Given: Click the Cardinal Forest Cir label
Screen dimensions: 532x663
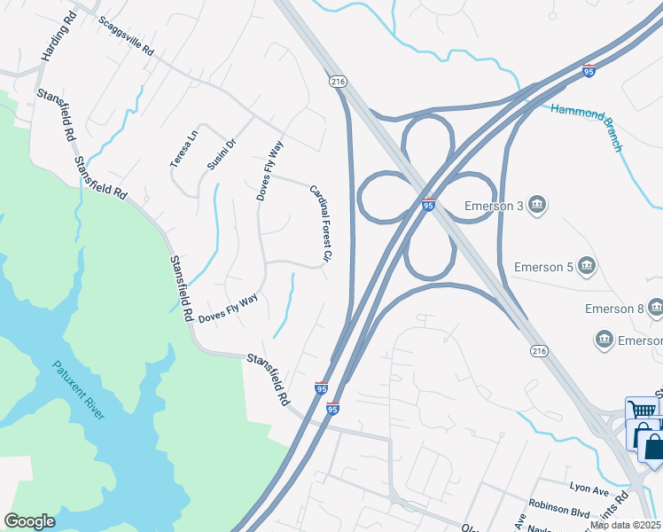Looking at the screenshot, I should point(320,223).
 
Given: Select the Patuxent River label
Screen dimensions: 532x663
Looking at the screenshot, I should point(78,390).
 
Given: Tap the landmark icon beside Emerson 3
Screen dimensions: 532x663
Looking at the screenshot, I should point(536,207).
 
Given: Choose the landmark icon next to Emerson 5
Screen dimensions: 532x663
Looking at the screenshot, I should point(586,266).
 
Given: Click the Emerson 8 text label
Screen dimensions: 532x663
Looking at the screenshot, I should point(613,309).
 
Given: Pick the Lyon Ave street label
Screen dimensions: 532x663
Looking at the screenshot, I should point(589,488).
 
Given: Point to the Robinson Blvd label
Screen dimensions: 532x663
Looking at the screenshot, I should point(561,512).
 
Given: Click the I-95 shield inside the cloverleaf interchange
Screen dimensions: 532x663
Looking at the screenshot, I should point(428,205).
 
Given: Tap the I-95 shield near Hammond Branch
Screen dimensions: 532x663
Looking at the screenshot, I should point(589,70).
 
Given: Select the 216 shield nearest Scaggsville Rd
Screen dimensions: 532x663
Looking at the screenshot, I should point(337,82).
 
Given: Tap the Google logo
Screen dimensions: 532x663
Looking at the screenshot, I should point(30,521).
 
